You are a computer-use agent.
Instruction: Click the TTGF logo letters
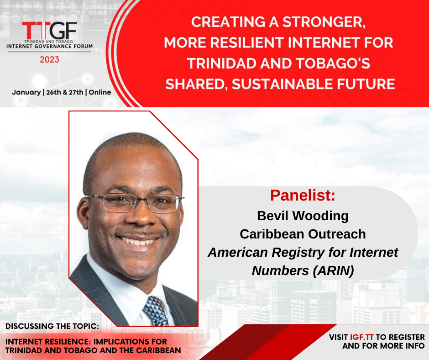click(x=50, y=31)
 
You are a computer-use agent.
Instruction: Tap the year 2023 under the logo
click(x=50, y=59)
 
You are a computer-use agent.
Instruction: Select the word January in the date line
click(x=26, y=92)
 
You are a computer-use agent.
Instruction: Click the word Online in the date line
click(x=100, y=92)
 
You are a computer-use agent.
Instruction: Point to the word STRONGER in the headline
click(x=324, y=22)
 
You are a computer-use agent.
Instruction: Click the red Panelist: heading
click(x=303, y=196)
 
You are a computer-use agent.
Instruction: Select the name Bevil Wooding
click(x=303, y=216)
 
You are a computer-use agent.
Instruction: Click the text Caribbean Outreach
click(x=303, y=234)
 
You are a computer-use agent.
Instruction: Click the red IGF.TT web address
click(x=362, y=337)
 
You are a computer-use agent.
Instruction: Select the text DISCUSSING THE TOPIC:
click(x=52, y=326)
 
